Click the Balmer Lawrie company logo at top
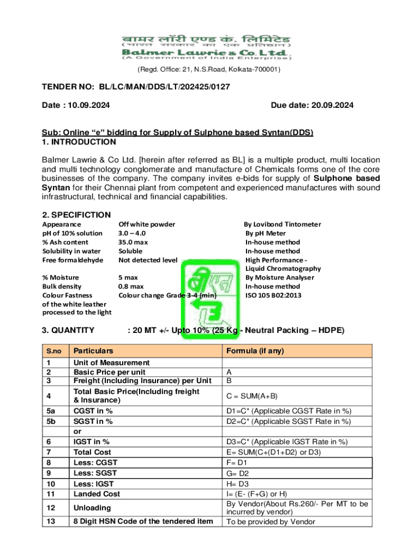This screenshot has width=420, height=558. [206, 46]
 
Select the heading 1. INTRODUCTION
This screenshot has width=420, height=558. [79, 142]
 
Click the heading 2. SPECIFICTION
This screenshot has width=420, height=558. [76, 215]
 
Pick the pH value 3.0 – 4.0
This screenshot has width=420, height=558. [132, 233]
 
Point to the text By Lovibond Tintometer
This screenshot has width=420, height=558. [282, 224]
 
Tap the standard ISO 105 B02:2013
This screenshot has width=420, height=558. [273, 295]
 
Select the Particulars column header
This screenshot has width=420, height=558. [94, 350]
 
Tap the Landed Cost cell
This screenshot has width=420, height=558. [97, 494]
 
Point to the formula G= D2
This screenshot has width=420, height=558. [237, 474]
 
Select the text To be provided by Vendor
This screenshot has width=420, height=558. [271, 521]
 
